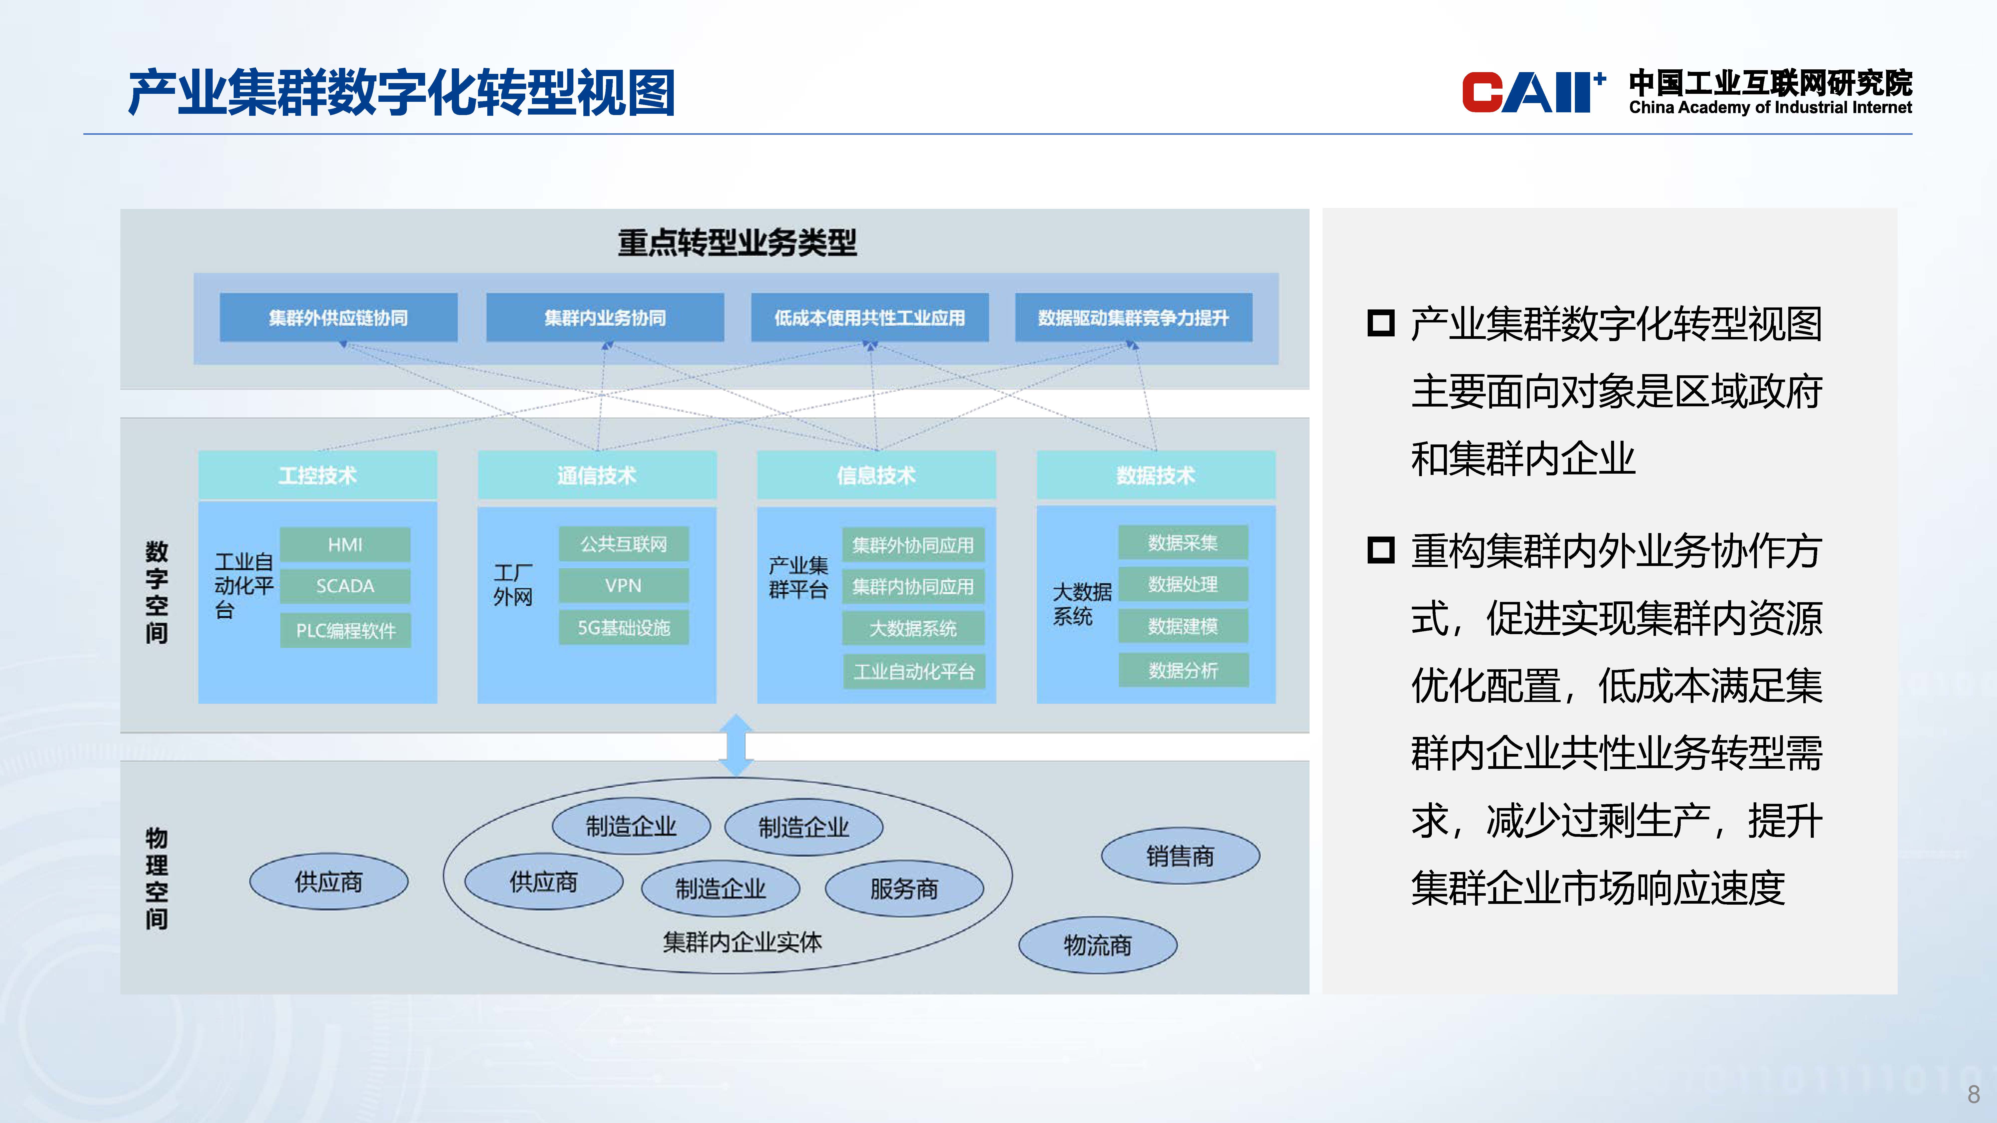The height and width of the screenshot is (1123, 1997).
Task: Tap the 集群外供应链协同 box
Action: tap(338, 318)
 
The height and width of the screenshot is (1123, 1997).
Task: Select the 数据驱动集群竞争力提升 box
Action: tap(1133, 318)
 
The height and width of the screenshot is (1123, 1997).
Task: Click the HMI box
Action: tap(345, 545)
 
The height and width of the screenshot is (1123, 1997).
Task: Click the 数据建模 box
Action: tap(1183, 626)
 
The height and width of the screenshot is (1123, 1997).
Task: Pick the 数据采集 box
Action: tap(1183, 543)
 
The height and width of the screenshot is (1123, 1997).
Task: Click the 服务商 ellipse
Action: tap(904, 889)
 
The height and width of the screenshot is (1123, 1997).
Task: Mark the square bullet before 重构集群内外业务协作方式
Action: tap(1381, 551)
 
